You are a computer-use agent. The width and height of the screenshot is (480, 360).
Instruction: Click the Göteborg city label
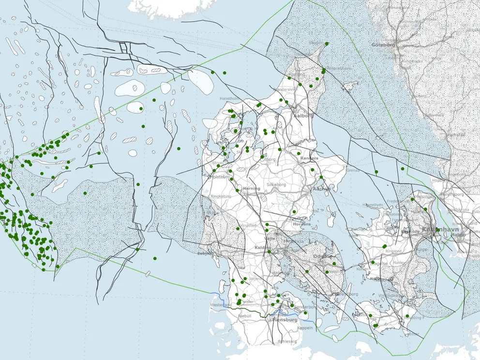(383, 45)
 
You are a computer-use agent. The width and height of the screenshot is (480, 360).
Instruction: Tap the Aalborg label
(303, 116)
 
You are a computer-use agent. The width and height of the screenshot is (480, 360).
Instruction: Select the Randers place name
(309, 158)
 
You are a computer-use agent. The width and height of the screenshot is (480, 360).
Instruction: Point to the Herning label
(252, 188)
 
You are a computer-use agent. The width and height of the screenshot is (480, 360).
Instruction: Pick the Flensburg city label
(285, 320)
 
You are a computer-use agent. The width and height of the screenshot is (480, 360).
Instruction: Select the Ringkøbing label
(221, 196)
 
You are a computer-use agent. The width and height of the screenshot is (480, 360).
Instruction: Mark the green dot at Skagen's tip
(327, 44)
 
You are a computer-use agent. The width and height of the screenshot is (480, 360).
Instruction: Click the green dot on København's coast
(437, 230)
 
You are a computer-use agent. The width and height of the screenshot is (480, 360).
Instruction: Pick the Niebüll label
(246, 316)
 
